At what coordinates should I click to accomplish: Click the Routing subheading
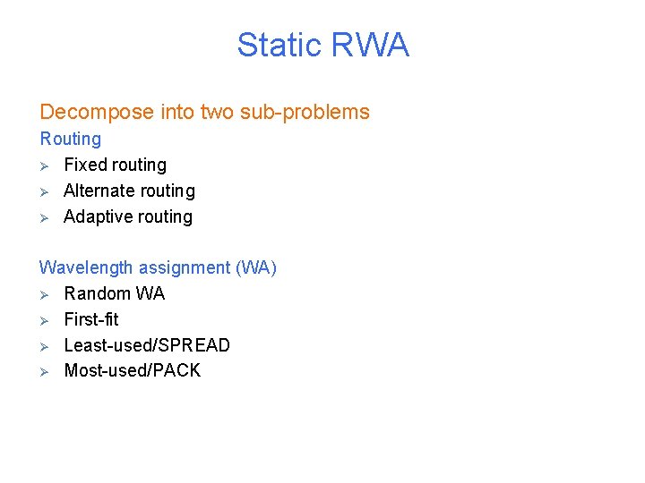coord(71,139)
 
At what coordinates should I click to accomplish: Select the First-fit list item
coord(91,319)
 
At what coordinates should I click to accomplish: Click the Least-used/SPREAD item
coord(147,345)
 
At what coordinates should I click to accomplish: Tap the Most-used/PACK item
coord(133,370)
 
